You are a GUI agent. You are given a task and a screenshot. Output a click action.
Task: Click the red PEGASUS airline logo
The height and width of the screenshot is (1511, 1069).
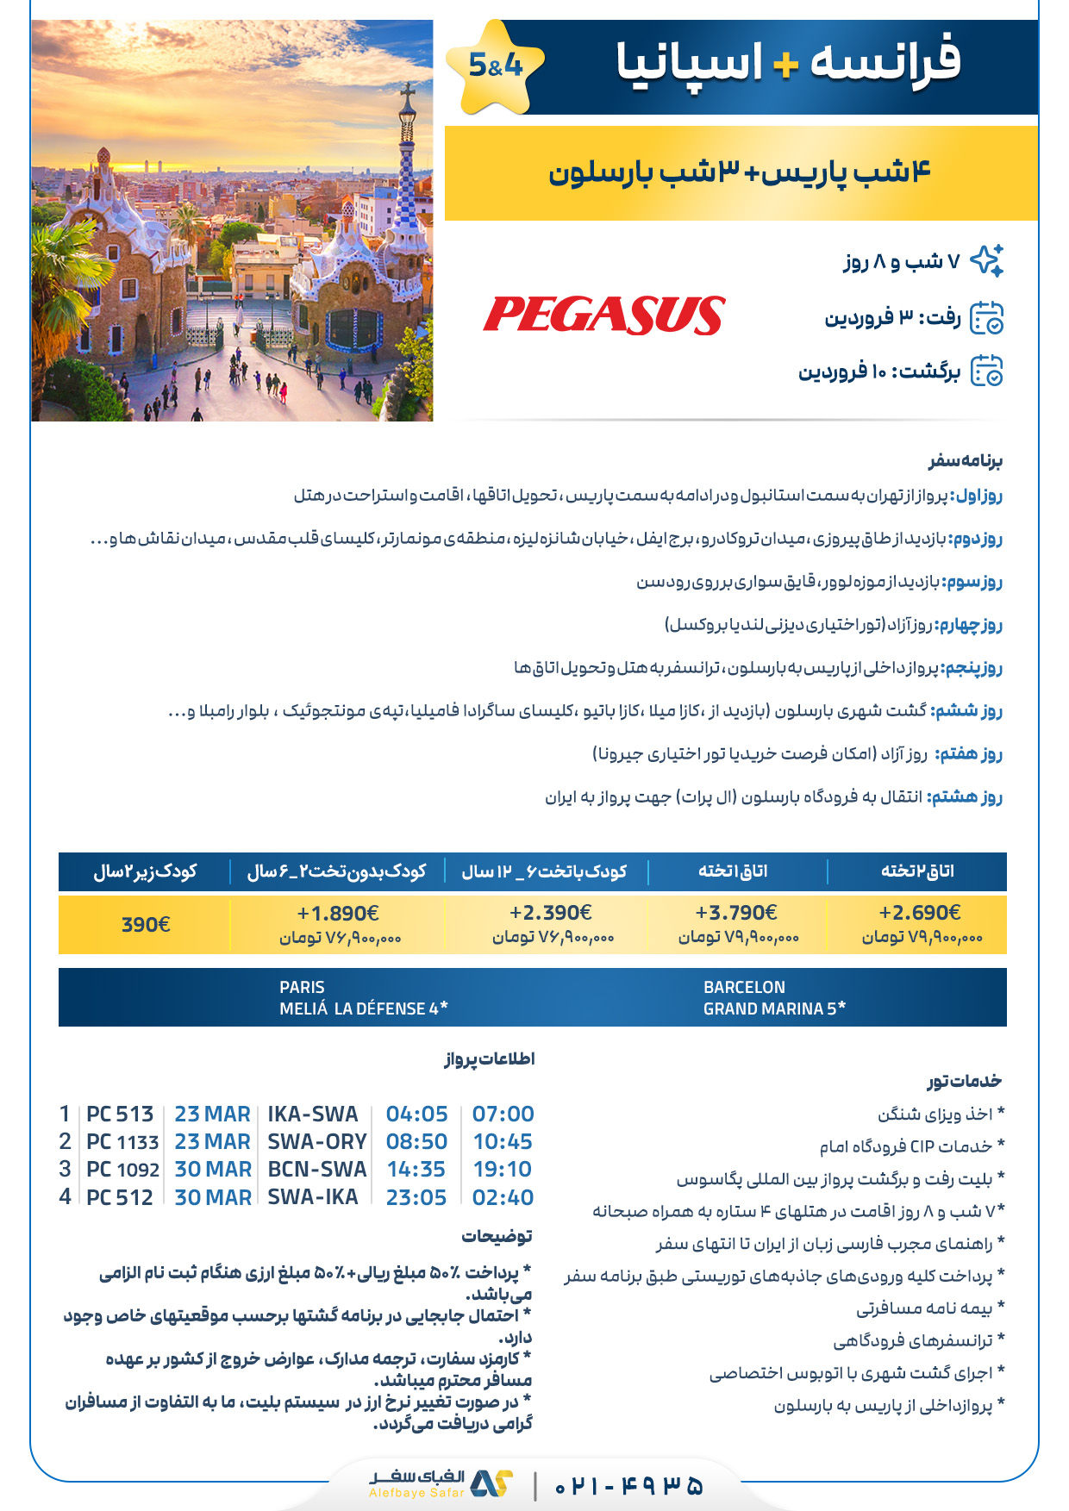[x=603, y=315]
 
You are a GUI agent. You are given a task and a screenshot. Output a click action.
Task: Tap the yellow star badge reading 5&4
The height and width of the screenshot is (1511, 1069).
[x=495, y=66]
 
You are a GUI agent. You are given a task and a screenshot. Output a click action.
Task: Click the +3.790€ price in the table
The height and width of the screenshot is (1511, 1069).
[x=735, y=914]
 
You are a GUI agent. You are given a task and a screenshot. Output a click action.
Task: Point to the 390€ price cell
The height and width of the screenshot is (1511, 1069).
[x=145, y=925]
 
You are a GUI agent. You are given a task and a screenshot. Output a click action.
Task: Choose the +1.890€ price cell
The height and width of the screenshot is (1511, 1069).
[x=338, y=914]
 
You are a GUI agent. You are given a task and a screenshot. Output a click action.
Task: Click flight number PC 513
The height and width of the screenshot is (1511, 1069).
[x=120, y=1115]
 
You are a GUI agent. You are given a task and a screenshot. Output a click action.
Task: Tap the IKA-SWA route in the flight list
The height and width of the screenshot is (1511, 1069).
[x=313, y=1115]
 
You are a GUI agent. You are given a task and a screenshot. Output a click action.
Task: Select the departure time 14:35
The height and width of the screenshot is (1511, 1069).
[x=416, y=1170]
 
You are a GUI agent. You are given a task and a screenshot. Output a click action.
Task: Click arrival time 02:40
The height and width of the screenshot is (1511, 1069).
[x=503, y=1197]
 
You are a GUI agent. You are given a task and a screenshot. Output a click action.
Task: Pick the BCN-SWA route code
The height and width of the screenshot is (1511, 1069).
[x=316, y=1170]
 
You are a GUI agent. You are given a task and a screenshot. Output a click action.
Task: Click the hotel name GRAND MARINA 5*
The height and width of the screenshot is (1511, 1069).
[x=773, y=1008]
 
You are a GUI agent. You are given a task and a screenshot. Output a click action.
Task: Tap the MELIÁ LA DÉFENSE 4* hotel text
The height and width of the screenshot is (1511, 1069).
[x=363, y=1008]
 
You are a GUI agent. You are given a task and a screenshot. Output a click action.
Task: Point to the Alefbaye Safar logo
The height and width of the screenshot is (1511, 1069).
[x=440, y=1483]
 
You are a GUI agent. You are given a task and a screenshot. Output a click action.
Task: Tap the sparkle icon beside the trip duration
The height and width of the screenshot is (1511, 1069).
[x=987, y=260]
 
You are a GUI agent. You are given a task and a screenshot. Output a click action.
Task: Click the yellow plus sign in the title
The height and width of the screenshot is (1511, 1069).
[x=785, y=66]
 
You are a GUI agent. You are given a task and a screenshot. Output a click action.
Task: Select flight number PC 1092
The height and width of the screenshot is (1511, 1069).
[x=122, y=1170]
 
